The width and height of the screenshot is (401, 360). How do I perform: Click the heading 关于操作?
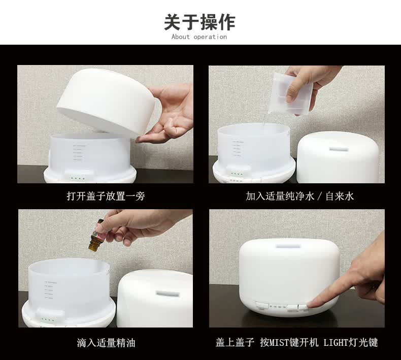(x=199, y=22)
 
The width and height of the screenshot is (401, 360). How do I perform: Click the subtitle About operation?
(x=199, y=37)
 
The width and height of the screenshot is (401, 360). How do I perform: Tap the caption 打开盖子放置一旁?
(x=106, y=196)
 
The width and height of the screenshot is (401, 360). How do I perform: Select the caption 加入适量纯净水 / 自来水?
(x=299, y=196)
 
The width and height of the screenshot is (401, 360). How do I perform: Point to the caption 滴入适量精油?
(x=106, y=343)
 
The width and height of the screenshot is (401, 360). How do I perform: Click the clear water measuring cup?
(x=290, y=93)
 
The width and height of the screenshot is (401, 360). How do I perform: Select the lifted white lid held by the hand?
(x=106, y=102)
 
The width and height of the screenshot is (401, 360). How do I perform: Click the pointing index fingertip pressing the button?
(x=313, y=304)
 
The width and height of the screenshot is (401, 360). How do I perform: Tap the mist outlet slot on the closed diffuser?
(x=288, y=246)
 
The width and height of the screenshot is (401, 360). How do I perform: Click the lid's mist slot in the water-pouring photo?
(x=339, y=149)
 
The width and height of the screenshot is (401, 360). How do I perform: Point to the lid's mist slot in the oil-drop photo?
(x=168, y=293)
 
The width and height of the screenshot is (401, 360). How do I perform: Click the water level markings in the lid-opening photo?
(x=79, y=153)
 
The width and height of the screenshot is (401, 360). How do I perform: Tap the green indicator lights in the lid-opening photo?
(x=78, y=178)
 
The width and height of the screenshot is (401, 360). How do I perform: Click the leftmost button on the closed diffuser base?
(x=261, y=306)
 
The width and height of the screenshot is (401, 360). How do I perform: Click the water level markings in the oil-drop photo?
(x=49, y=290)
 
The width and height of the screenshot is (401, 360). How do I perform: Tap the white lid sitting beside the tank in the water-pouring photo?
(x=338, y=157)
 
